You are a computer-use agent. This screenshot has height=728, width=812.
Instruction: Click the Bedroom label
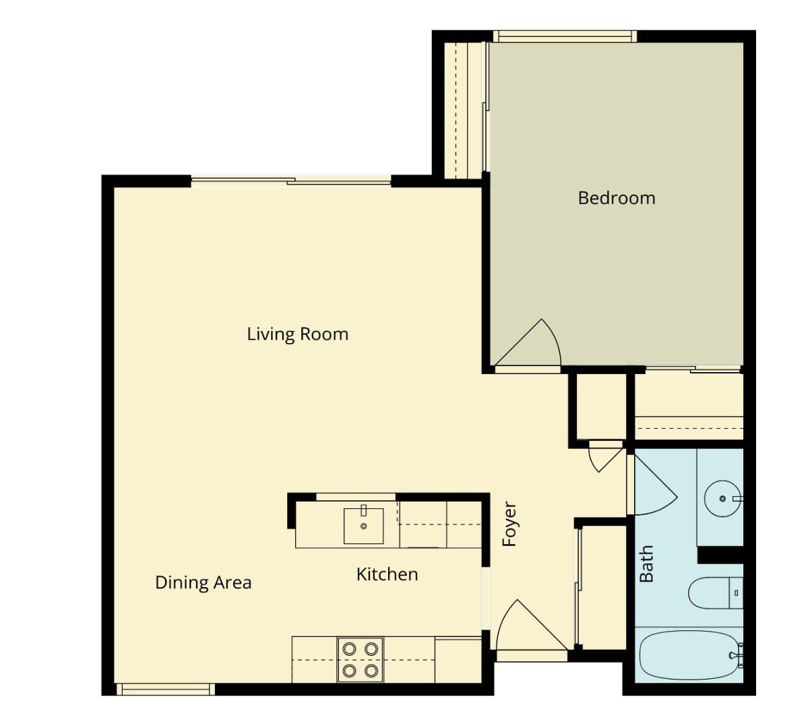(x=616, y=198)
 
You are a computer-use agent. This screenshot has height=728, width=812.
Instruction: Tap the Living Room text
(x=297, y=334)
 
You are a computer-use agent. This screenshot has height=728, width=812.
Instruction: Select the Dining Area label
(x=203, y=582)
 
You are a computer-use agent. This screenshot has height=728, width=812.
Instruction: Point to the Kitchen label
(x=387, y=574)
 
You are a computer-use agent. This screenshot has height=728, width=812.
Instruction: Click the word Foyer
(x=509, y=524)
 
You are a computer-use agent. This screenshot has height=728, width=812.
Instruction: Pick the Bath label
(x=646, y=564)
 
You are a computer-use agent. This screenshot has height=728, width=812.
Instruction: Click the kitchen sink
(x=363, y=526)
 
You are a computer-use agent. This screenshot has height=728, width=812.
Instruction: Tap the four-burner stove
(x=360, y=660)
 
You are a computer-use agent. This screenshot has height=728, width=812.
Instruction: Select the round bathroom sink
(x=722, y=499)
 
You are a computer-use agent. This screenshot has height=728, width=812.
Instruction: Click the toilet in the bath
(x=714, y=593)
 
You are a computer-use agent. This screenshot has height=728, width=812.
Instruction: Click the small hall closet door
(x=604, y=457)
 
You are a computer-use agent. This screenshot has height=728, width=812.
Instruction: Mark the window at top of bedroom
(x=564, y=36)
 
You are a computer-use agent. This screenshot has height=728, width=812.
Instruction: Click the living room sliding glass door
(x=291, y=181)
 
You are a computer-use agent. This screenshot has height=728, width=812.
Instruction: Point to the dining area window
(x=164, y=689)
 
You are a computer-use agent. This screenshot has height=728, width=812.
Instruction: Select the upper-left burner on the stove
(x=349, y=649)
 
